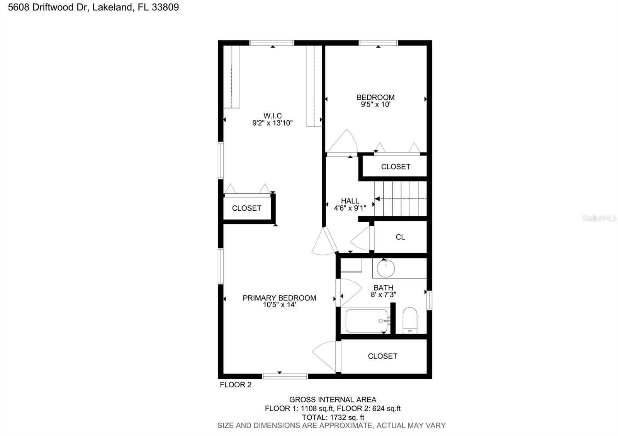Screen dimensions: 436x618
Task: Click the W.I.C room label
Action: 272,119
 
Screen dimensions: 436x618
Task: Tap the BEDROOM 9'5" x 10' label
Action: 375,100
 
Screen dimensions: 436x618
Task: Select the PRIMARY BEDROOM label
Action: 279,301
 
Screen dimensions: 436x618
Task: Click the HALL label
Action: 350,204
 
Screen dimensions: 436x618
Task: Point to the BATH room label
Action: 383,291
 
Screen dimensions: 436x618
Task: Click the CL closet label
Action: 400,237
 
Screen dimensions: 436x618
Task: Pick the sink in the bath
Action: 385,269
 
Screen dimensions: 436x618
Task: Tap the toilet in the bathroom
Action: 409,320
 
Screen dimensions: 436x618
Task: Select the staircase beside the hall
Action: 401,199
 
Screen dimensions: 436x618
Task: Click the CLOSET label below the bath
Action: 382,356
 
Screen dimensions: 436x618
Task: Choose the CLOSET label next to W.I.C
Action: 246,208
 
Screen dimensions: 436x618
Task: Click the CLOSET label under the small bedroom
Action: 396,167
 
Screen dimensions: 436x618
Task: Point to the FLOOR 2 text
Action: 235,385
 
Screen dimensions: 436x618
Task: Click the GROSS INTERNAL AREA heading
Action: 333,400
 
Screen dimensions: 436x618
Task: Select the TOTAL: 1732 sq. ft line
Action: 333,417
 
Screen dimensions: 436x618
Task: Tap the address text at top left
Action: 93,7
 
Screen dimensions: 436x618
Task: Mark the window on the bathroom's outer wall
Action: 429,300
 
